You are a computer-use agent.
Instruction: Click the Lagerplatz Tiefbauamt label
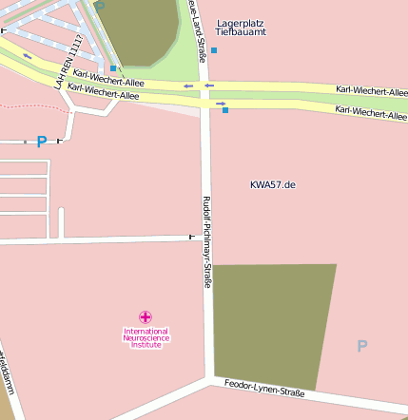242,27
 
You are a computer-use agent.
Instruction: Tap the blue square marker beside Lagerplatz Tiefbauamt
214,49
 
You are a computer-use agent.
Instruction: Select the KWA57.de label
273,184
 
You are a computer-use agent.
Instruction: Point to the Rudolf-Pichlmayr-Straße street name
206,241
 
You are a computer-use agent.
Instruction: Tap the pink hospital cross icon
145,316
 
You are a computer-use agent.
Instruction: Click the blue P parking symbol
41,142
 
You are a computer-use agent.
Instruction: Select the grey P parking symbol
361,346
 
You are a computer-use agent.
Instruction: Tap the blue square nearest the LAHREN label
113,68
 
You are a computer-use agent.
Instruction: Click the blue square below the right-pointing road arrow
225,111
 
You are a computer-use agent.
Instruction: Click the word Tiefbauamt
242,32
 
